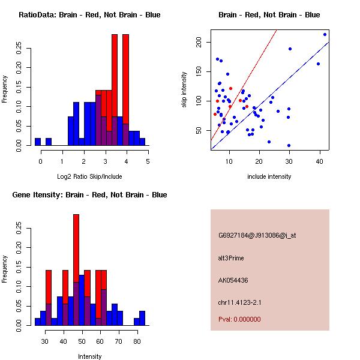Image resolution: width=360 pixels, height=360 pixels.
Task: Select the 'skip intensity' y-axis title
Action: click(x=185, y=90)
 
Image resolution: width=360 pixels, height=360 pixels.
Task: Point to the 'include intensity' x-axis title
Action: click(x=269, y=176)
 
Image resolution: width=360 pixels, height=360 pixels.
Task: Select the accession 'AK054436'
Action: click(x=233, y=280)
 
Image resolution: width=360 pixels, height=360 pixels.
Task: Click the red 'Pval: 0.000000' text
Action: click(x=239, y=320)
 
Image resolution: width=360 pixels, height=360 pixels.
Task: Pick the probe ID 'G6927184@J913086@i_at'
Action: click(x=257, y=235)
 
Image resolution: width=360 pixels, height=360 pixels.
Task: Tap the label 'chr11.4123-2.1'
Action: click(x=241, y=302)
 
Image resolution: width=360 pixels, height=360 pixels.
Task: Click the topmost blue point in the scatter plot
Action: click(x=325, y=34)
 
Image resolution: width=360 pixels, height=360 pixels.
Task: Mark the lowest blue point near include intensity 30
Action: click(x=289, y=145)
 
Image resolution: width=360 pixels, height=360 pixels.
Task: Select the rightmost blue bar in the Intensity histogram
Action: click(x=142, y=318)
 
